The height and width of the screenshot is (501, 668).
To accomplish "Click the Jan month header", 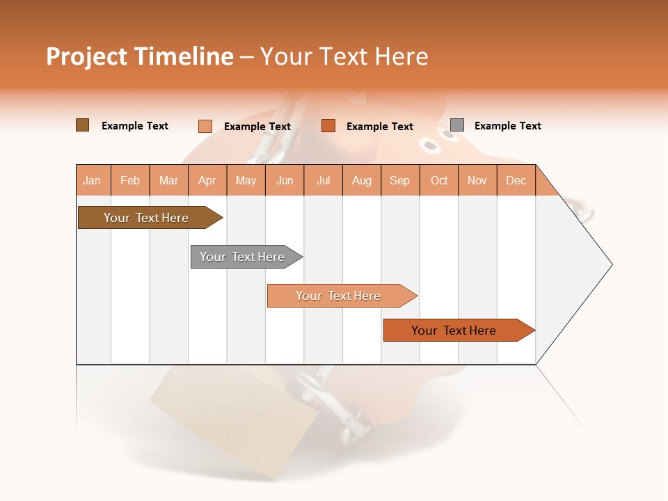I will tap(93, 180).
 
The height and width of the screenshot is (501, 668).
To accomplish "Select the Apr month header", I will tap(207, 180).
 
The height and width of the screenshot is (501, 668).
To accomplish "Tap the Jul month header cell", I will tap(323, 180).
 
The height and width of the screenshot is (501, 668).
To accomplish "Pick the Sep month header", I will tap(400, 180).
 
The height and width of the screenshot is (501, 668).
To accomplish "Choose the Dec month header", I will tap(516, 180).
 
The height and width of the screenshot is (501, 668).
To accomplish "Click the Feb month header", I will tap(130, 180).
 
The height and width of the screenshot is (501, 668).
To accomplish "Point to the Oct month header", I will tap(439, 180).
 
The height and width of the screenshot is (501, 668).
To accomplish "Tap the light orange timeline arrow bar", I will tap(339, 296).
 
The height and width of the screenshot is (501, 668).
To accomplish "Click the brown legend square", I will tap(83, 125).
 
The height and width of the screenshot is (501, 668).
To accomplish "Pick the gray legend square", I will tap(457, 125).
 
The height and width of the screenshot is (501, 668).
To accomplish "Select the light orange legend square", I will tap(205, 126).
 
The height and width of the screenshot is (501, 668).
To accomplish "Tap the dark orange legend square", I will tap(328, 126).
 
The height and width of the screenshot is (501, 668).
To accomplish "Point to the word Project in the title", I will tap(86, 56).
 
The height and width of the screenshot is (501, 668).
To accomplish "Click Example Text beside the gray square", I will tap(507, 126).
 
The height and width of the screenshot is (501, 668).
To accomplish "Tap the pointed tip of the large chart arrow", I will tap(610, 264).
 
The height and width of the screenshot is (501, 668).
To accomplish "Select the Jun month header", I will tap(285, 180).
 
